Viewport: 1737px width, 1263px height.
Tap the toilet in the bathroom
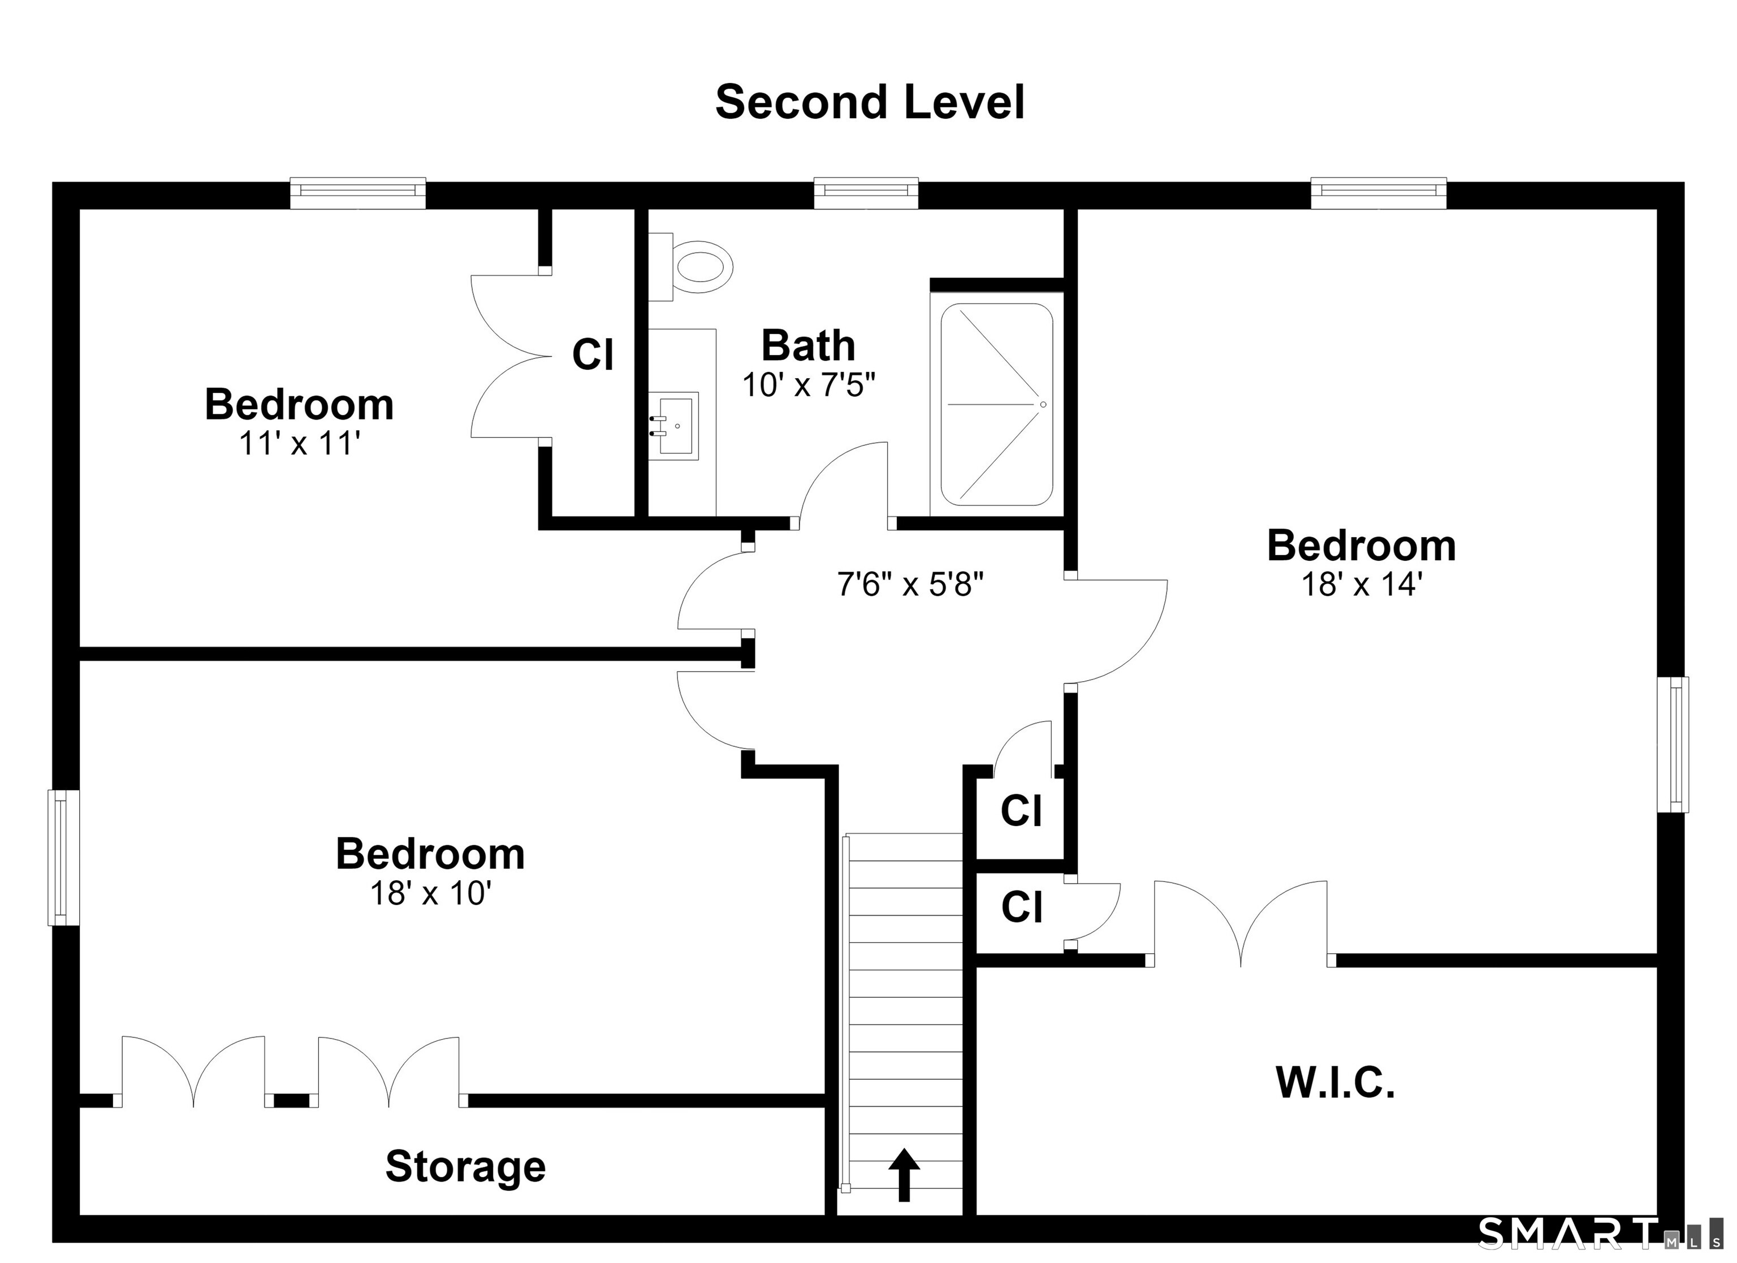coord(691,266)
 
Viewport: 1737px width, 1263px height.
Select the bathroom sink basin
coord(674,426)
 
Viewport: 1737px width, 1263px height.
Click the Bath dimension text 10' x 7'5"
coord(809,384)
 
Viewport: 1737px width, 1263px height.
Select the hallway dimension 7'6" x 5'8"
coord(910,585)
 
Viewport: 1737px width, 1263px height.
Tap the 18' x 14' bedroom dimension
coord(1362,585)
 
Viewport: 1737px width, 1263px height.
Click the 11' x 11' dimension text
coord(300,443)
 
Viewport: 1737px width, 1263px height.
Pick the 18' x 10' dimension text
coord(430,893)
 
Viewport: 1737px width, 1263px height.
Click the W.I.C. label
coord(1336,1083)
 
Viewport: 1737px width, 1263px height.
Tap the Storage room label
coord(466,1166)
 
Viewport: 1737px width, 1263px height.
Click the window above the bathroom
coord(866,192)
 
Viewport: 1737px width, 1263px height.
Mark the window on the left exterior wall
coord(64,857)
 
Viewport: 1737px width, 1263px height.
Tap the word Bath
coord(808,345)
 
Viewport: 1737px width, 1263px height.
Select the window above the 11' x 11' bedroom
coord(358,192)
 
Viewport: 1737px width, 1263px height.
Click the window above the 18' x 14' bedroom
coord(1379,192)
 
